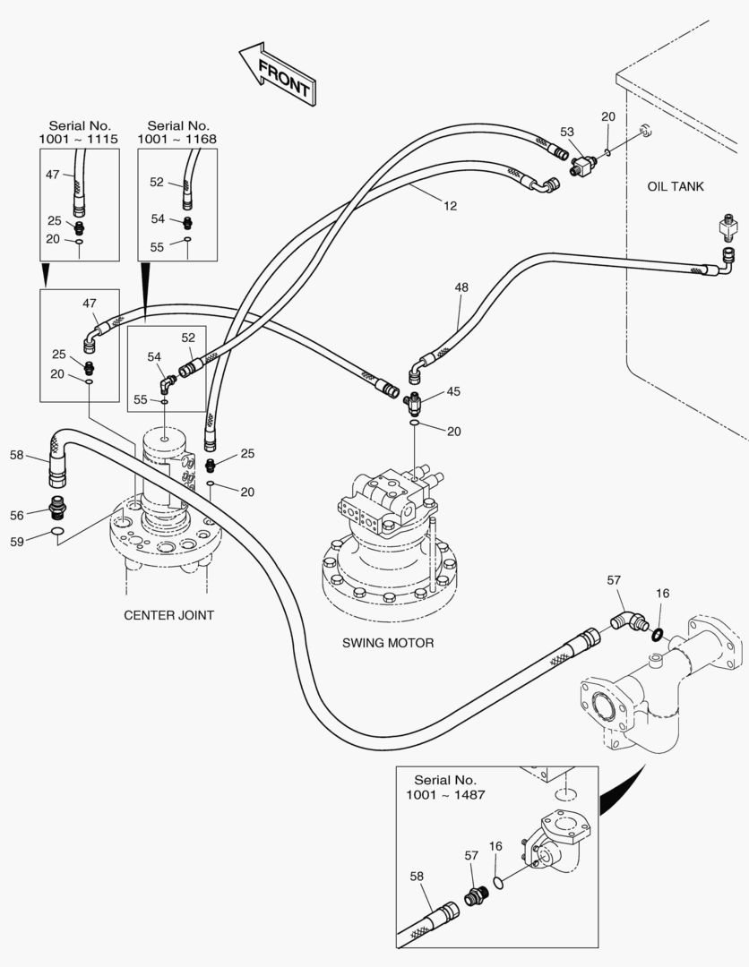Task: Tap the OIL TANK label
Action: click(x=676, y=186)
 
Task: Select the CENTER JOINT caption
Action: click(x=168, y=615)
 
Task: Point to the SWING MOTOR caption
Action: click(x=388, y=643)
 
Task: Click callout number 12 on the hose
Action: click(x=450, y=206)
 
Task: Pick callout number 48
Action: click(x=461, y=288)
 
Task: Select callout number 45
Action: click(x=454, y=390)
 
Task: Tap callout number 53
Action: click(x=566, y=132)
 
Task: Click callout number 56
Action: click(x=16, y=515)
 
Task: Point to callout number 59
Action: click(x=16, y=541)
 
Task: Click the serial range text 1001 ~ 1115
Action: click(x=79, y=140)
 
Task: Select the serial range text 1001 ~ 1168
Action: click(x=177, y=140)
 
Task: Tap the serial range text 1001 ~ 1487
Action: click(x=445, y=795)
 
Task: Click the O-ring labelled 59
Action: click(x=56, y=536)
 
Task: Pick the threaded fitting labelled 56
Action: click(x=56, y=509)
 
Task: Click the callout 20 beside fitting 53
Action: click(x=608, y=117)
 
